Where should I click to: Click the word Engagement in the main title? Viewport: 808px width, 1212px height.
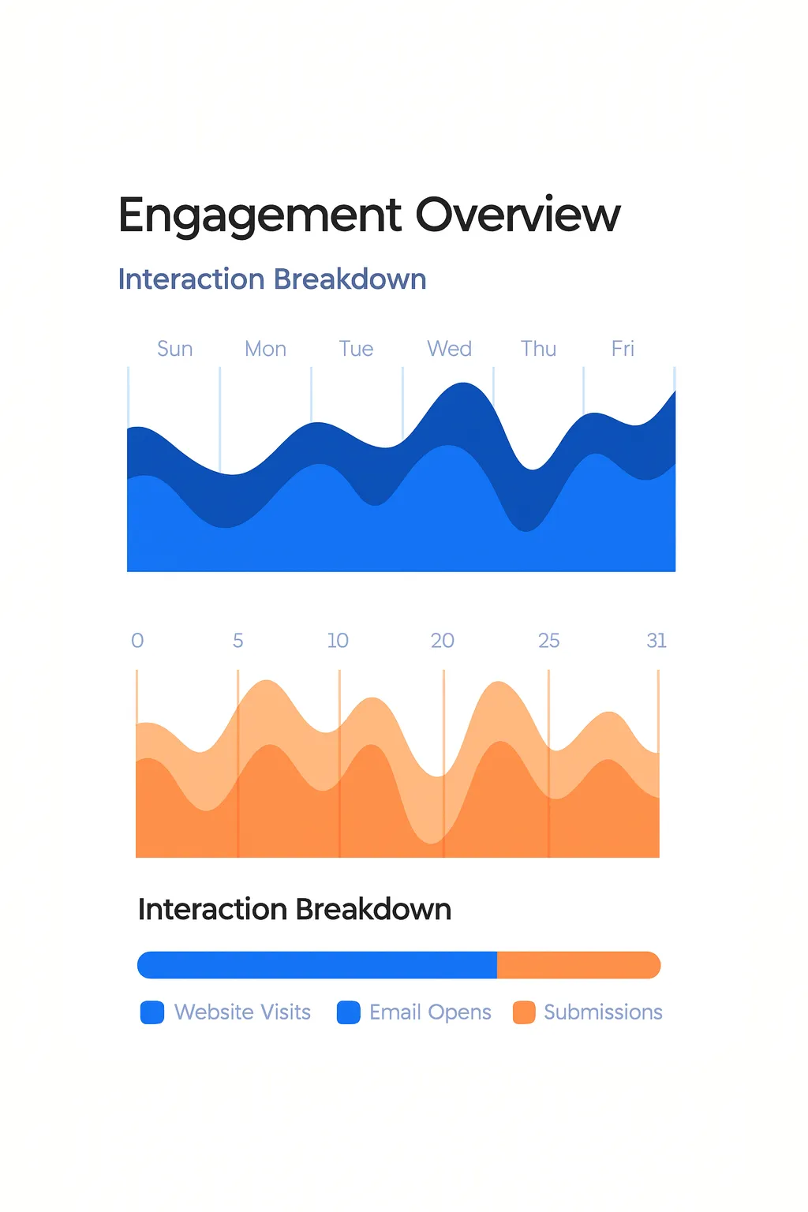coord(260,215)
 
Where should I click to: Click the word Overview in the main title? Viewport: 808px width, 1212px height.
coord(518,215)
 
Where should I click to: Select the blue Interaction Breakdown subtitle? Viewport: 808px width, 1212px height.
coord(272,279)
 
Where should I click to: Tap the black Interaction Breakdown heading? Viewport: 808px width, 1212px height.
coord(294,909)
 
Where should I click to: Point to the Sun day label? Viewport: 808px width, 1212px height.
coord(174,349)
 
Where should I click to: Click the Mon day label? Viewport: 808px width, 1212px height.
coord(265,349)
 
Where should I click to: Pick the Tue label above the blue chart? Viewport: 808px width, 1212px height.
coord(356,349)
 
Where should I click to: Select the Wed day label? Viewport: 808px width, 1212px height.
coord(449,349)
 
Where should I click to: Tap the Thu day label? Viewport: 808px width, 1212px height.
coord(538,349)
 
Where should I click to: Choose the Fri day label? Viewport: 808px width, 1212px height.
coord(623,349)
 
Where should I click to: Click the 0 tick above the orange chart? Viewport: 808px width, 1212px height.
coord(137,640)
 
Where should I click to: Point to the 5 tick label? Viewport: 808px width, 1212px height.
coord(238,640)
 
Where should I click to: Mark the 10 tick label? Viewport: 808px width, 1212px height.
coord(338,640)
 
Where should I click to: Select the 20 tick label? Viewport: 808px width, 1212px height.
coord(442,640)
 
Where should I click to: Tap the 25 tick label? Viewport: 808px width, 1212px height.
coord(548,640)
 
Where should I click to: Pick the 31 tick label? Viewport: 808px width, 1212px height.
coord(656,640)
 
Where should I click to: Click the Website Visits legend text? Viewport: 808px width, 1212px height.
coord(242,1012)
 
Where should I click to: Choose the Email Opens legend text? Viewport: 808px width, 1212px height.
coord(430,1012)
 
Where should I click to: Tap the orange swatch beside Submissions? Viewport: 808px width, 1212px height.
coord(524,1012)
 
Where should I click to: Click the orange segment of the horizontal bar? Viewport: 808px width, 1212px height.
coord(578,965)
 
